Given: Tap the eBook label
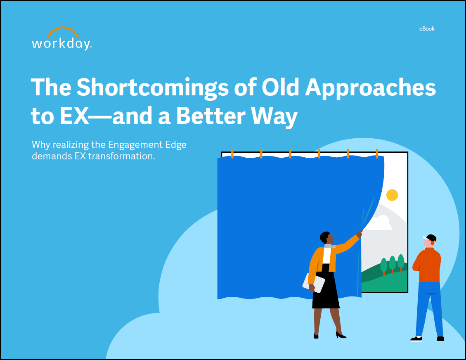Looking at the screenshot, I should pos(426,29).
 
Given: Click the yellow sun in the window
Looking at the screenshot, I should pos(392,195).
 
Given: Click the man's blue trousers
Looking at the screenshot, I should pos(429,308).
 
